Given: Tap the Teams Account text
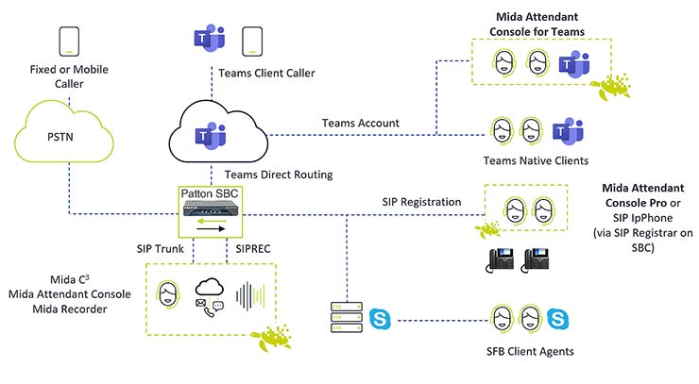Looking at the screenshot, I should [360, 123].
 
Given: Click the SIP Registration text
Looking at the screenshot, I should [421, 201].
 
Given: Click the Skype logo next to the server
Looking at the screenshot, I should [381, 317].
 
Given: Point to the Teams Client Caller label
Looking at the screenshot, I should [266, 72].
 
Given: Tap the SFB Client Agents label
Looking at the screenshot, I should [522, 352].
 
